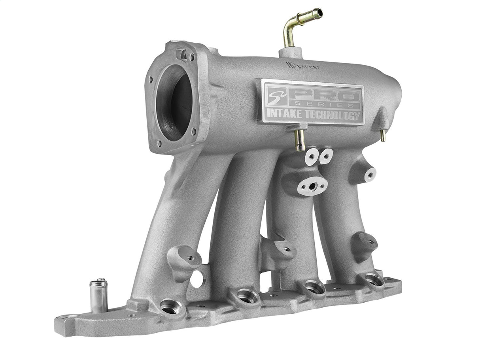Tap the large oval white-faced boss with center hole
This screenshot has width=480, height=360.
[x=312, y=184]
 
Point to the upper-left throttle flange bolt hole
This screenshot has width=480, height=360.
[x=151, y=79]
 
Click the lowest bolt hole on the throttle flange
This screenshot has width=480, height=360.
[x=160, y=143]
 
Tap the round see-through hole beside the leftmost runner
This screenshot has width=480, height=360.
[x=197, y=279]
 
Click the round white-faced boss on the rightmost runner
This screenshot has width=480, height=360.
[x=370, y=173]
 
